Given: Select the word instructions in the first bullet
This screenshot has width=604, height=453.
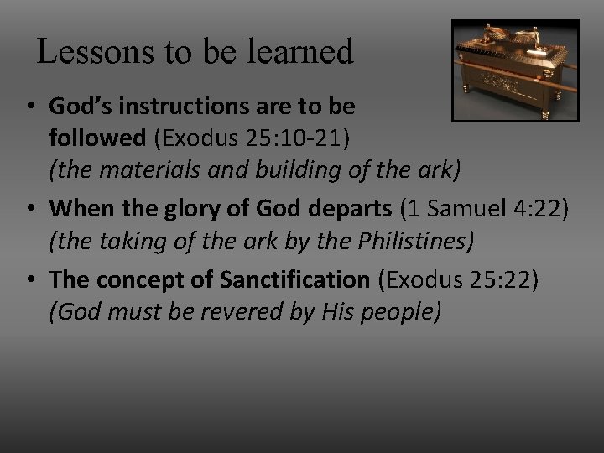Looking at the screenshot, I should pyautogui.click(x=190, y=108).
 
